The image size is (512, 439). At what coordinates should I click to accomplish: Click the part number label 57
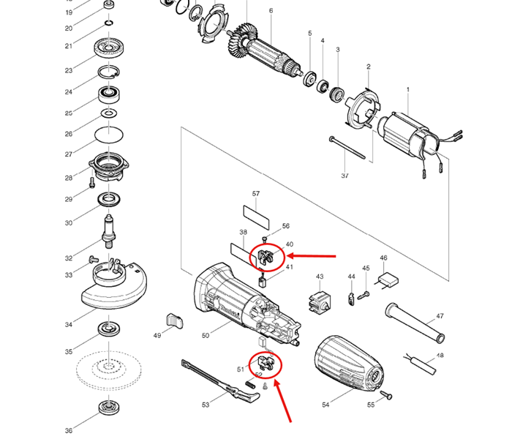[256, 194]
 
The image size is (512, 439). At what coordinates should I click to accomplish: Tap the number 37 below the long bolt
[345, 176]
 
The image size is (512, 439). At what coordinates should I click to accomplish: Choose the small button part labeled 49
[175, 320]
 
